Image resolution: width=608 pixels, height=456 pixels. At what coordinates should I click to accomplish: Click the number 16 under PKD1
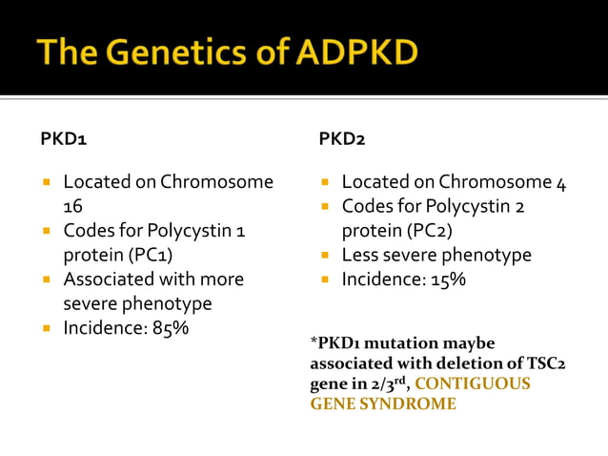pos(73,205)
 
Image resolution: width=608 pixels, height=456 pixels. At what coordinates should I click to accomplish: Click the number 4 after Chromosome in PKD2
pos(561,182)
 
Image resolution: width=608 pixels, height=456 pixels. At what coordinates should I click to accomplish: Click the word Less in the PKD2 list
pos(361,255)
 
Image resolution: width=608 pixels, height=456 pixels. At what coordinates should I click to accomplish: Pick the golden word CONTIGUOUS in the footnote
pos(474,383)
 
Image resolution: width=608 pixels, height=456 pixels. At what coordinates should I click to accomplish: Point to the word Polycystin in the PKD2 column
pos(474,206)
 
